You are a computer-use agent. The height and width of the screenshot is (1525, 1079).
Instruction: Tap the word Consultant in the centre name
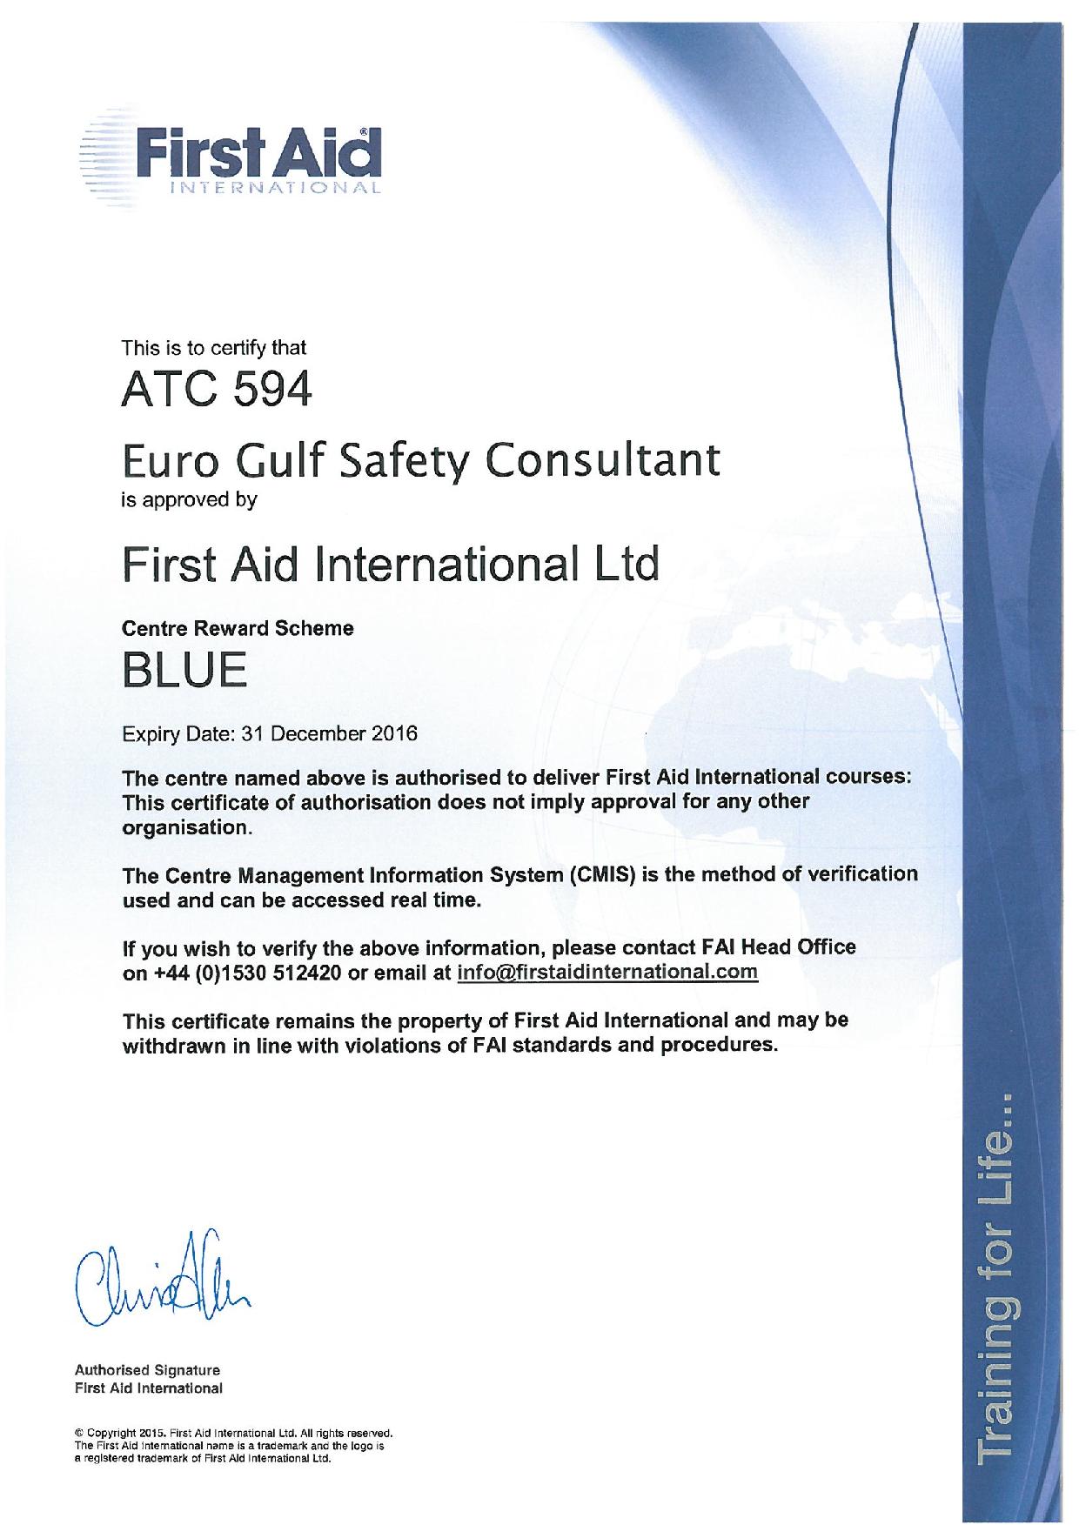tap(602, 460)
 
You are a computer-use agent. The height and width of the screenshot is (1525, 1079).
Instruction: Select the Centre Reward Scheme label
tap(238, 627)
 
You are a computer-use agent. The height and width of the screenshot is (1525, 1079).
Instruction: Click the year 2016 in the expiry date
tap(394, 732)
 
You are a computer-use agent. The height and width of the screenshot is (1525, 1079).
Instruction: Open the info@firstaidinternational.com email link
tap(607, 972)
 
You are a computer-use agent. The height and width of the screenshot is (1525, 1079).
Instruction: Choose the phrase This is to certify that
tap(214, 349)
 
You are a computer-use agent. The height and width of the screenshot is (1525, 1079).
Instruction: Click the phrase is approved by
tap(190, 500)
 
